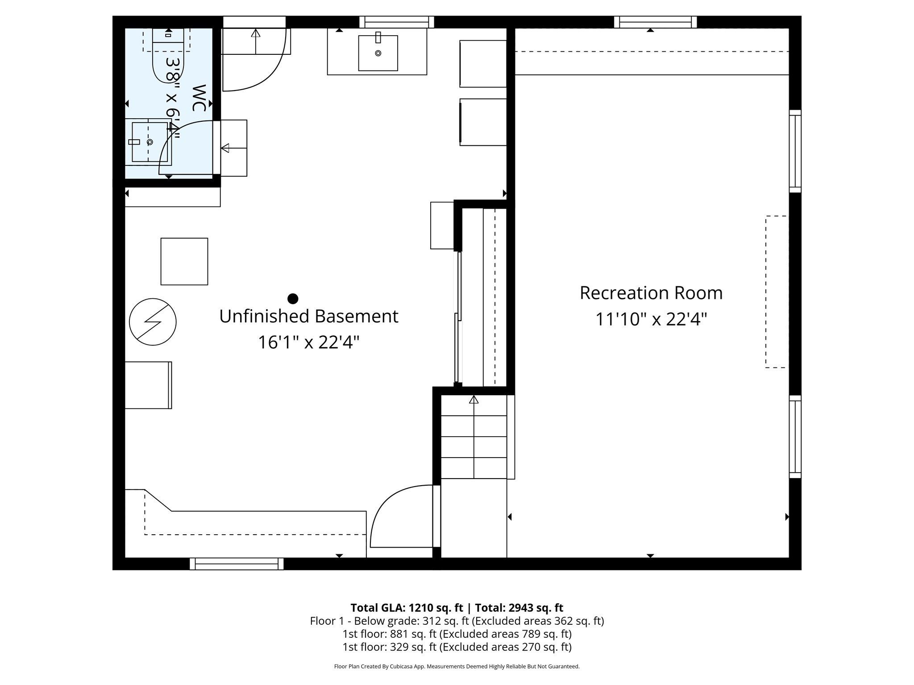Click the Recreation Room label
coord(651,293)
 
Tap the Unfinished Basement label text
coord(308,316)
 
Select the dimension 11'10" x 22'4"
coord(651,319)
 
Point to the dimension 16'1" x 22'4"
coord(308,342)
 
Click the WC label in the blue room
coord(199,98)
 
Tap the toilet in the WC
coord(168,56)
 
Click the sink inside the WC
coord(149,142)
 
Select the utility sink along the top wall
coord(378,53)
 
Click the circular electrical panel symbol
coord(153,322)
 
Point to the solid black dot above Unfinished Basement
coord(293,298)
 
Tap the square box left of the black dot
coord(184,261)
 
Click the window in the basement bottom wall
coord(237,564)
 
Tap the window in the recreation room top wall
coord(655,22)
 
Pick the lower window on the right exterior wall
coord(795,437)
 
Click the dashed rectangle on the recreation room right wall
coord(776,292)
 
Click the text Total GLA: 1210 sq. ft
coord(406,608)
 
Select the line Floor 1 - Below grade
coord(457,621)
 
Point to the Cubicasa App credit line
coord(457,666)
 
